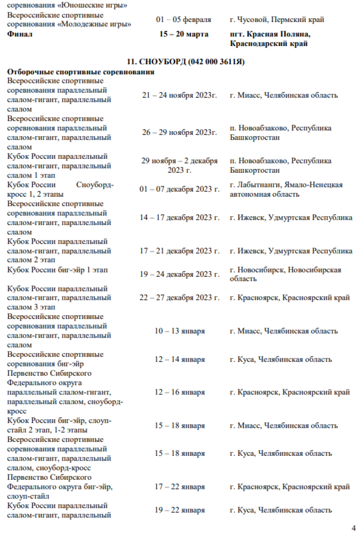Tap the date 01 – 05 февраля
coord(183,20)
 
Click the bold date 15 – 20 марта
coord(184,34)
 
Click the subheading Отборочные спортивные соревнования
coord(81,72)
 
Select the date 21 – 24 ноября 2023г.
coord(180,95)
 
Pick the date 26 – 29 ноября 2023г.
coord(180,132)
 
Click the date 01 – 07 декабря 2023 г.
coord(180,190)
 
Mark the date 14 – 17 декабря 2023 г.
coord(180,217)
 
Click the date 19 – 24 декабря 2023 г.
coord(180,274)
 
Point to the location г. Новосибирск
coord(286,274)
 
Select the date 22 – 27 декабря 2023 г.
coord(180,297)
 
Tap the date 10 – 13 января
coord(180,331)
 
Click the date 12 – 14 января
coord(180,359)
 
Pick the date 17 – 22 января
coord(180,487)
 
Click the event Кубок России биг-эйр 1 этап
coord(57,270)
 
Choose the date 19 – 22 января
coord(180,510)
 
